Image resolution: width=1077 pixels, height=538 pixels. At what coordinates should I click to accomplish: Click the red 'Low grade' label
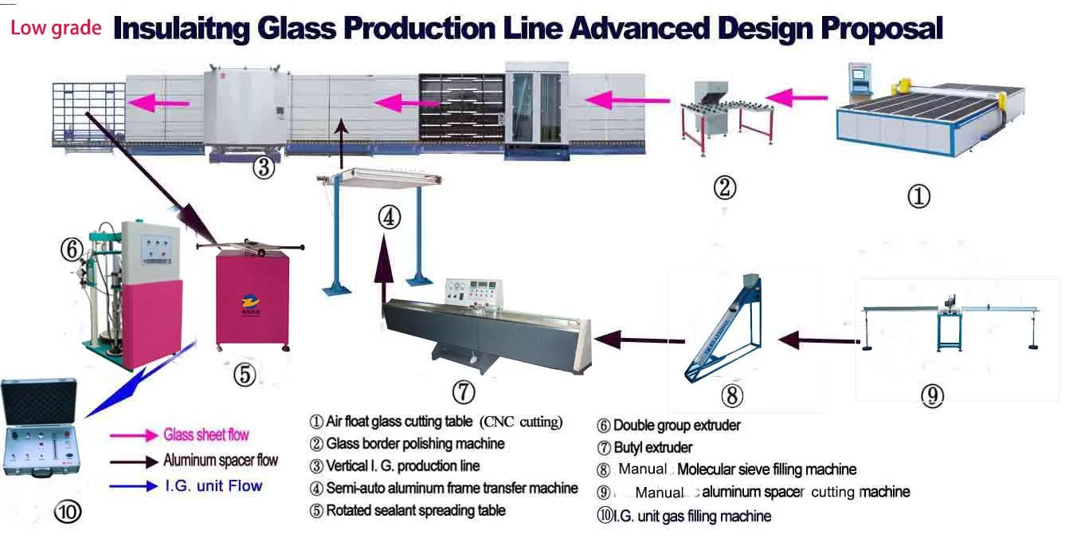(x=56, y=29)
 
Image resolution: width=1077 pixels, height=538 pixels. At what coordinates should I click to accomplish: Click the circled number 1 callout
(x=918, y=196)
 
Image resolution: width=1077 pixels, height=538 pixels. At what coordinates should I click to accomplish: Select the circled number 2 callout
(x=724, y=188)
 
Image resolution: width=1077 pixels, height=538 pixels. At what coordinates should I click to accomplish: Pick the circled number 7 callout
(x=464, y=391)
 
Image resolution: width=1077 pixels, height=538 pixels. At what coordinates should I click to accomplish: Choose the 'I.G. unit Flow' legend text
(x=213, y=485)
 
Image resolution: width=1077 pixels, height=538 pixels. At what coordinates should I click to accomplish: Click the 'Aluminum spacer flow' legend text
(x=221, y=460)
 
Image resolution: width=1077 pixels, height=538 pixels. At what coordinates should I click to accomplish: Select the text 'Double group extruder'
(x=676, y=426)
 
